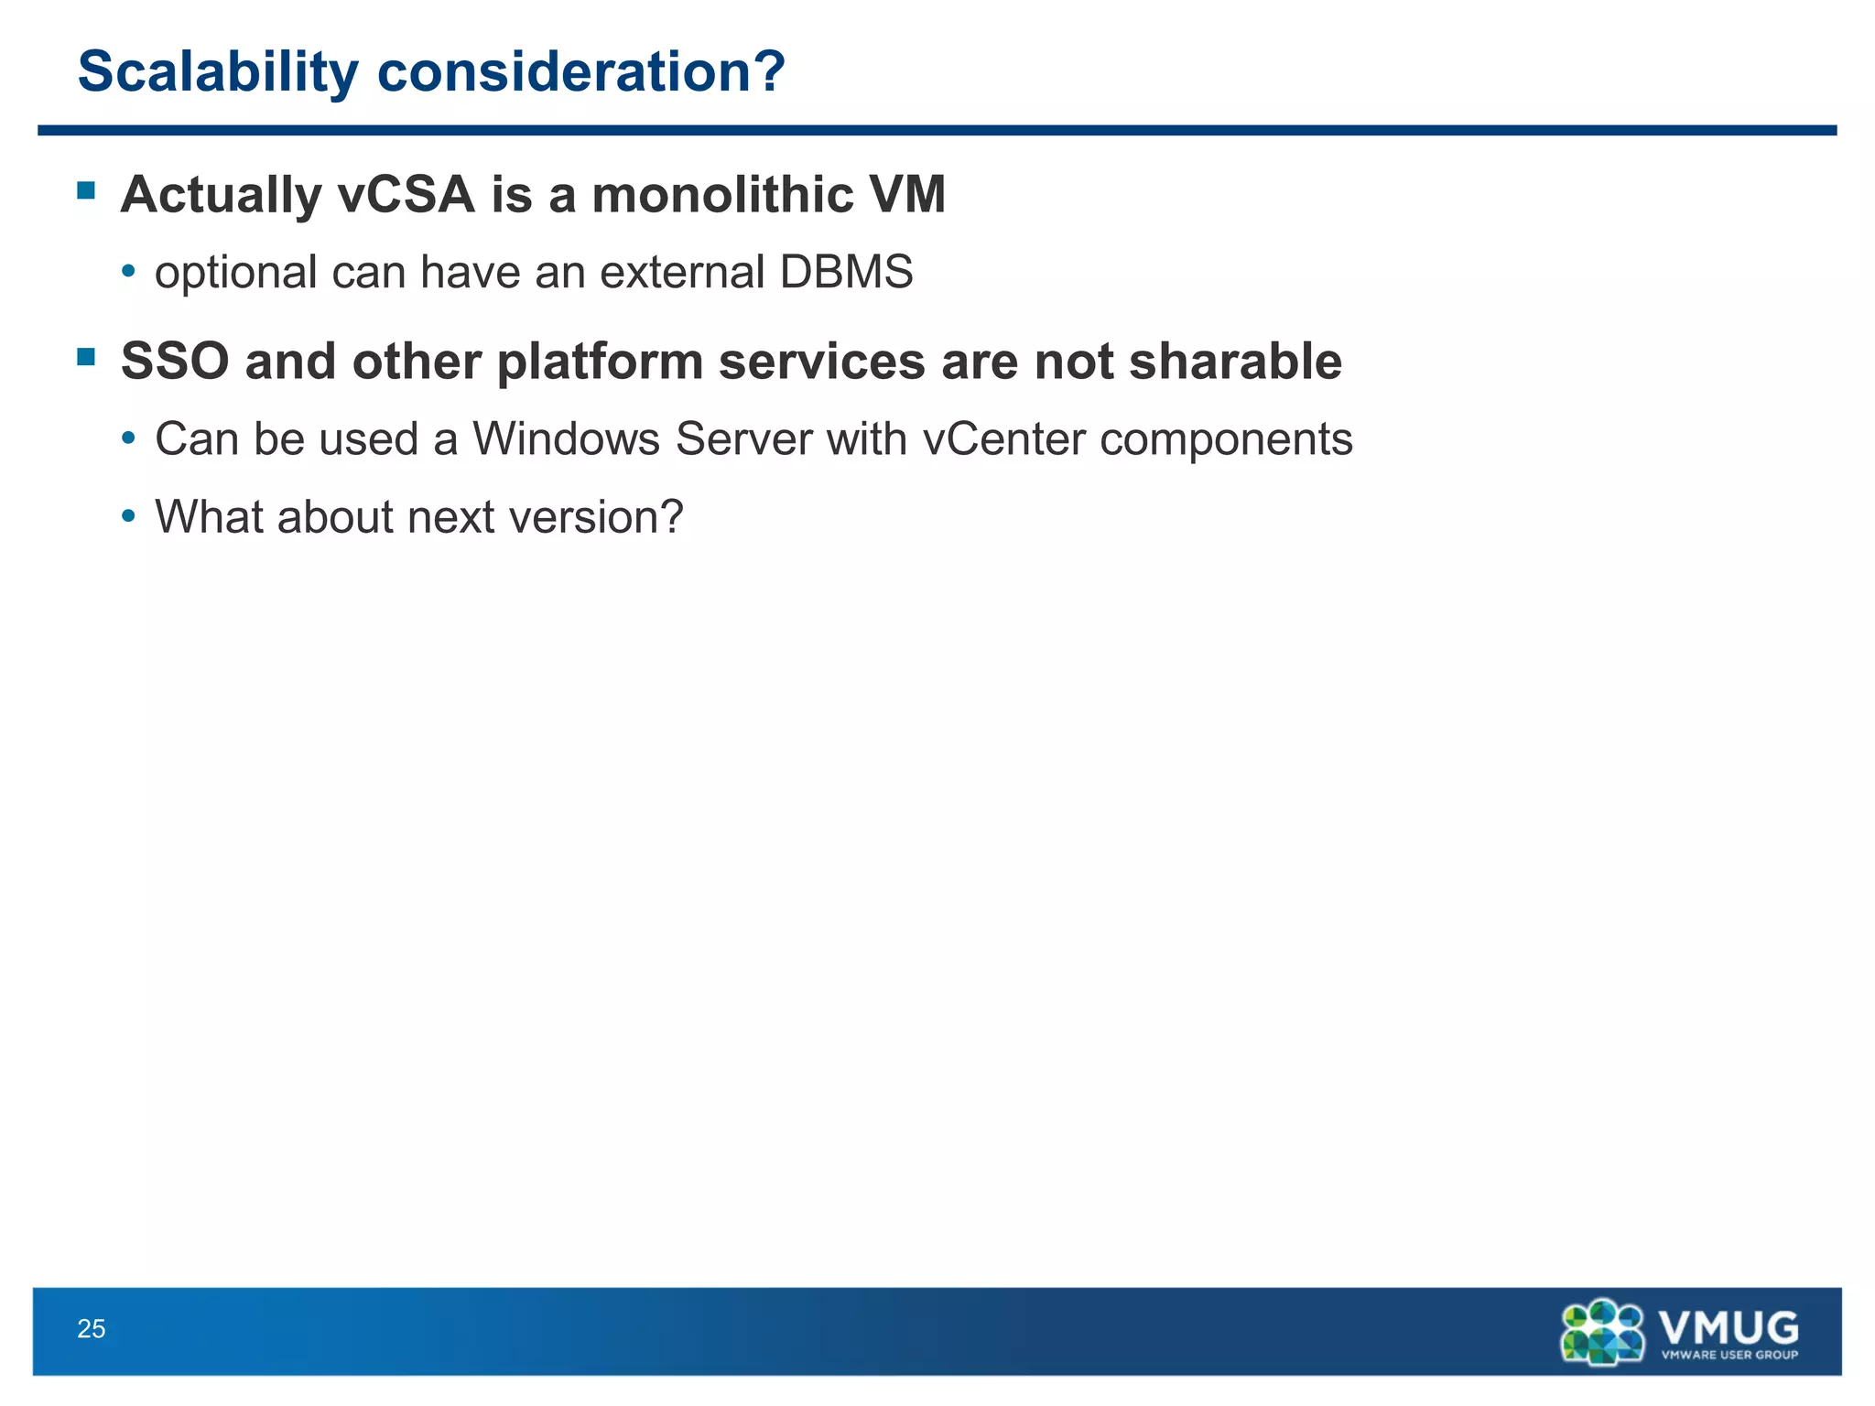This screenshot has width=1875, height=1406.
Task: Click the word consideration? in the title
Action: tap(580, 72)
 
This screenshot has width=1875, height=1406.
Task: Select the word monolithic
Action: tap(722, 195)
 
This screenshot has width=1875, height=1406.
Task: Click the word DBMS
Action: tap(846, 273)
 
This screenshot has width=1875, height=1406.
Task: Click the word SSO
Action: tap(174, 362)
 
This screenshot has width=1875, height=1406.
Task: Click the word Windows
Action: tap(566, 439)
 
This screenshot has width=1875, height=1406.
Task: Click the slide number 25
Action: tap(92, 1329)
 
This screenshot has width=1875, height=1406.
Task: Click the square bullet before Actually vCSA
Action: tap(87, 190)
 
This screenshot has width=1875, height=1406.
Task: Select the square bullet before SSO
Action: tap(87, 357)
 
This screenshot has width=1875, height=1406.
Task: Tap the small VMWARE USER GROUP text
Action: tap(1729, 1355)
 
